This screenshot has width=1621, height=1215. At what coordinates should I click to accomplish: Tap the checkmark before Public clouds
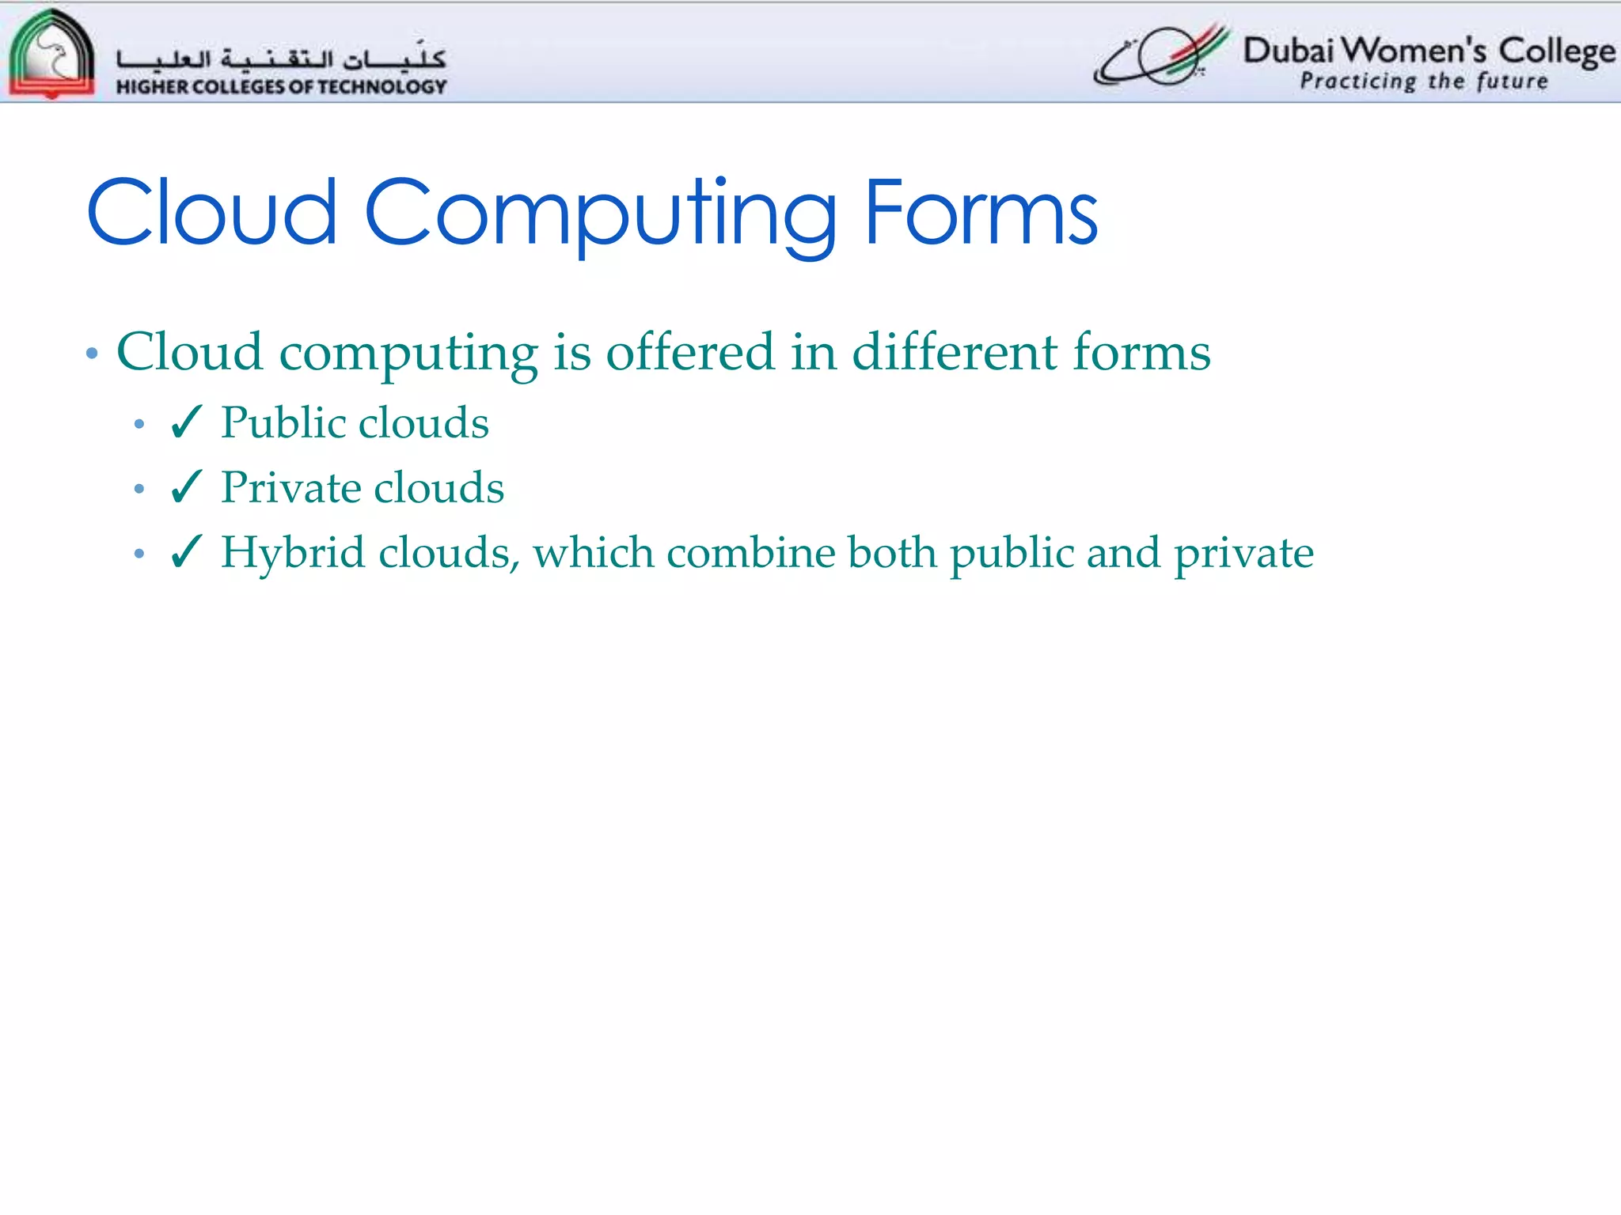coord(187,422)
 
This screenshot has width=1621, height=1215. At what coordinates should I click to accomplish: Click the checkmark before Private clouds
coord(187,487)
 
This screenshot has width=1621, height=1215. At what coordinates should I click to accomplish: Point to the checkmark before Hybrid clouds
coord(187,552)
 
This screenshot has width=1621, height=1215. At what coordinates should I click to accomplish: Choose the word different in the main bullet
coord(954,352)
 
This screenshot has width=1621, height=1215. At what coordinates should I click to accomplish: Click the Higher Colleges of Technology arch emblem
coord(51,54)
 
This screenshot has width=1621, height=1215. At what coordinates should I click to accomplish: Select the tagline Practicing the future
coord(1423,81)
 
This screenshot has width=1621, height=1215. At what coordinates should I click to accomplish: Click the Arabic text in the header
coord(281,57)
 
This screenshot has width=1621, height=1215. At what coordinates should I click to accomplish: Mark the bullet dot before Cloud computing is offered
coord(93,354)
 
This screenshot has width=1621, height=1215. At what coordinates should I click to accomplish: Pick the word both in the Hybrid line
coord(892,552)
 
